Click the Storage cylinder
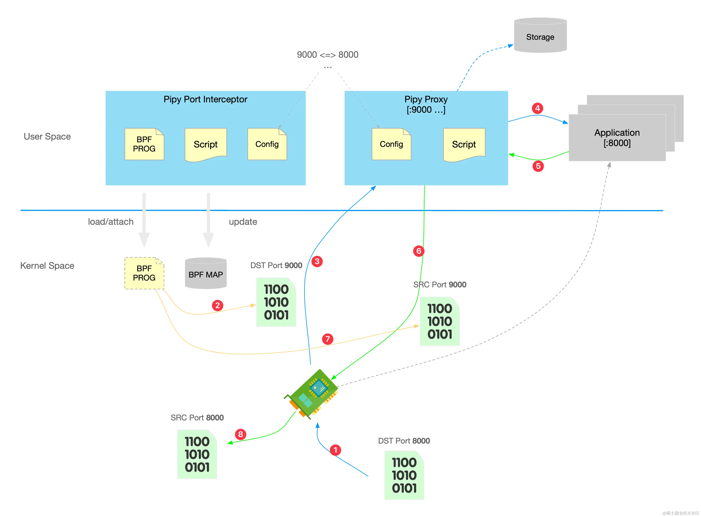540,35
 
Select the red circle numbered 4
537,108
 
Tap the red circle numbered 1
335,450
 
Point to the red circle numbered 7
327,339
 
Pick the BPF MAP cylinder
206,273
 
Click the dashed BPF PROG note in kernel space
144,273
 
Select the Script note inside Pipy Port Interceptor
206,145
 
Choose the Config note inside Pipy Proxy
391,144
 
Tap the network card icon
311,394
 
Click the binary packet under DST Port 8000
404,475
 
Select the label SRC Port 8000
197,418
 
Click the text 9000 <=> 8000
327,55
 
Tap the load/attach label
111,222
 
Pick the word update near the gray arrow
243,222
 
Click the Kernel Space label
47,266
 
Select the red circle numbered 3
317,261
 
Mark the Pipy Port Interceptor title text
205,99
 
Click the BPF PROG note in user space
144,144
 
